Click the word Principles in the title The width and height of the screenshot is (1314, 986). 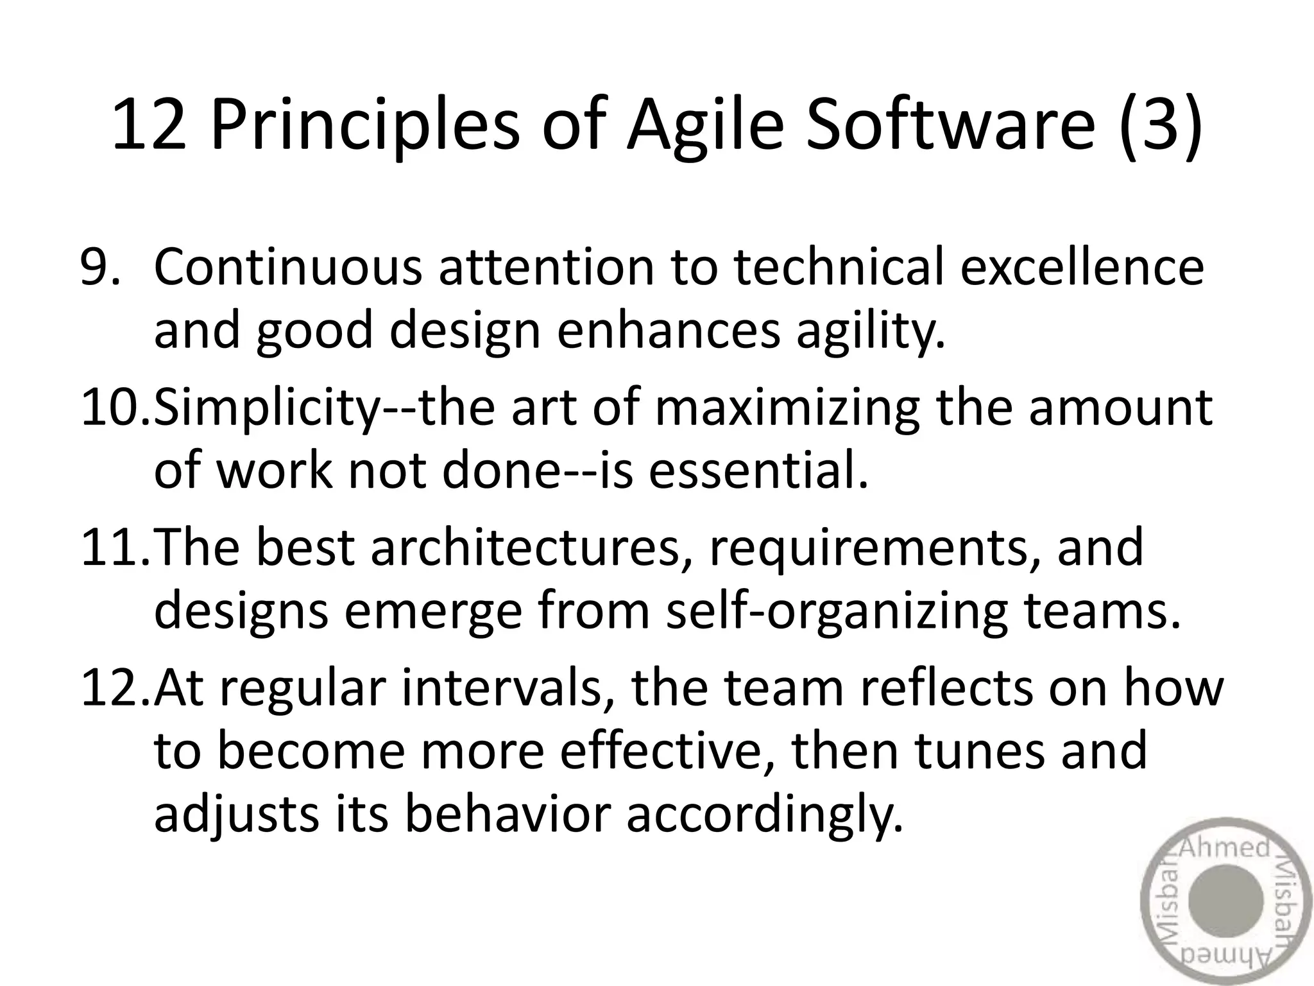364,125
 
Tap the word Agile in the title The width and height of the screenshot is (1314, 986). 704,125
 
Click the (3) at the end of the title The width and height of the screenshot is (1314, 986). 1161,125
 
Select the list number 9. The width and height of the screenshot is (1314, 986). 99,267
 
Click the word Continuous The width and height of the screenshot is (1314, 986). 288,267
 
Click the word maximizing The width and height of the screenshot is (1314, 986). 787,408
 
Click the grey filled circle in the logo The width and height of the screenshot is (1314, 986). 1225,901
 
